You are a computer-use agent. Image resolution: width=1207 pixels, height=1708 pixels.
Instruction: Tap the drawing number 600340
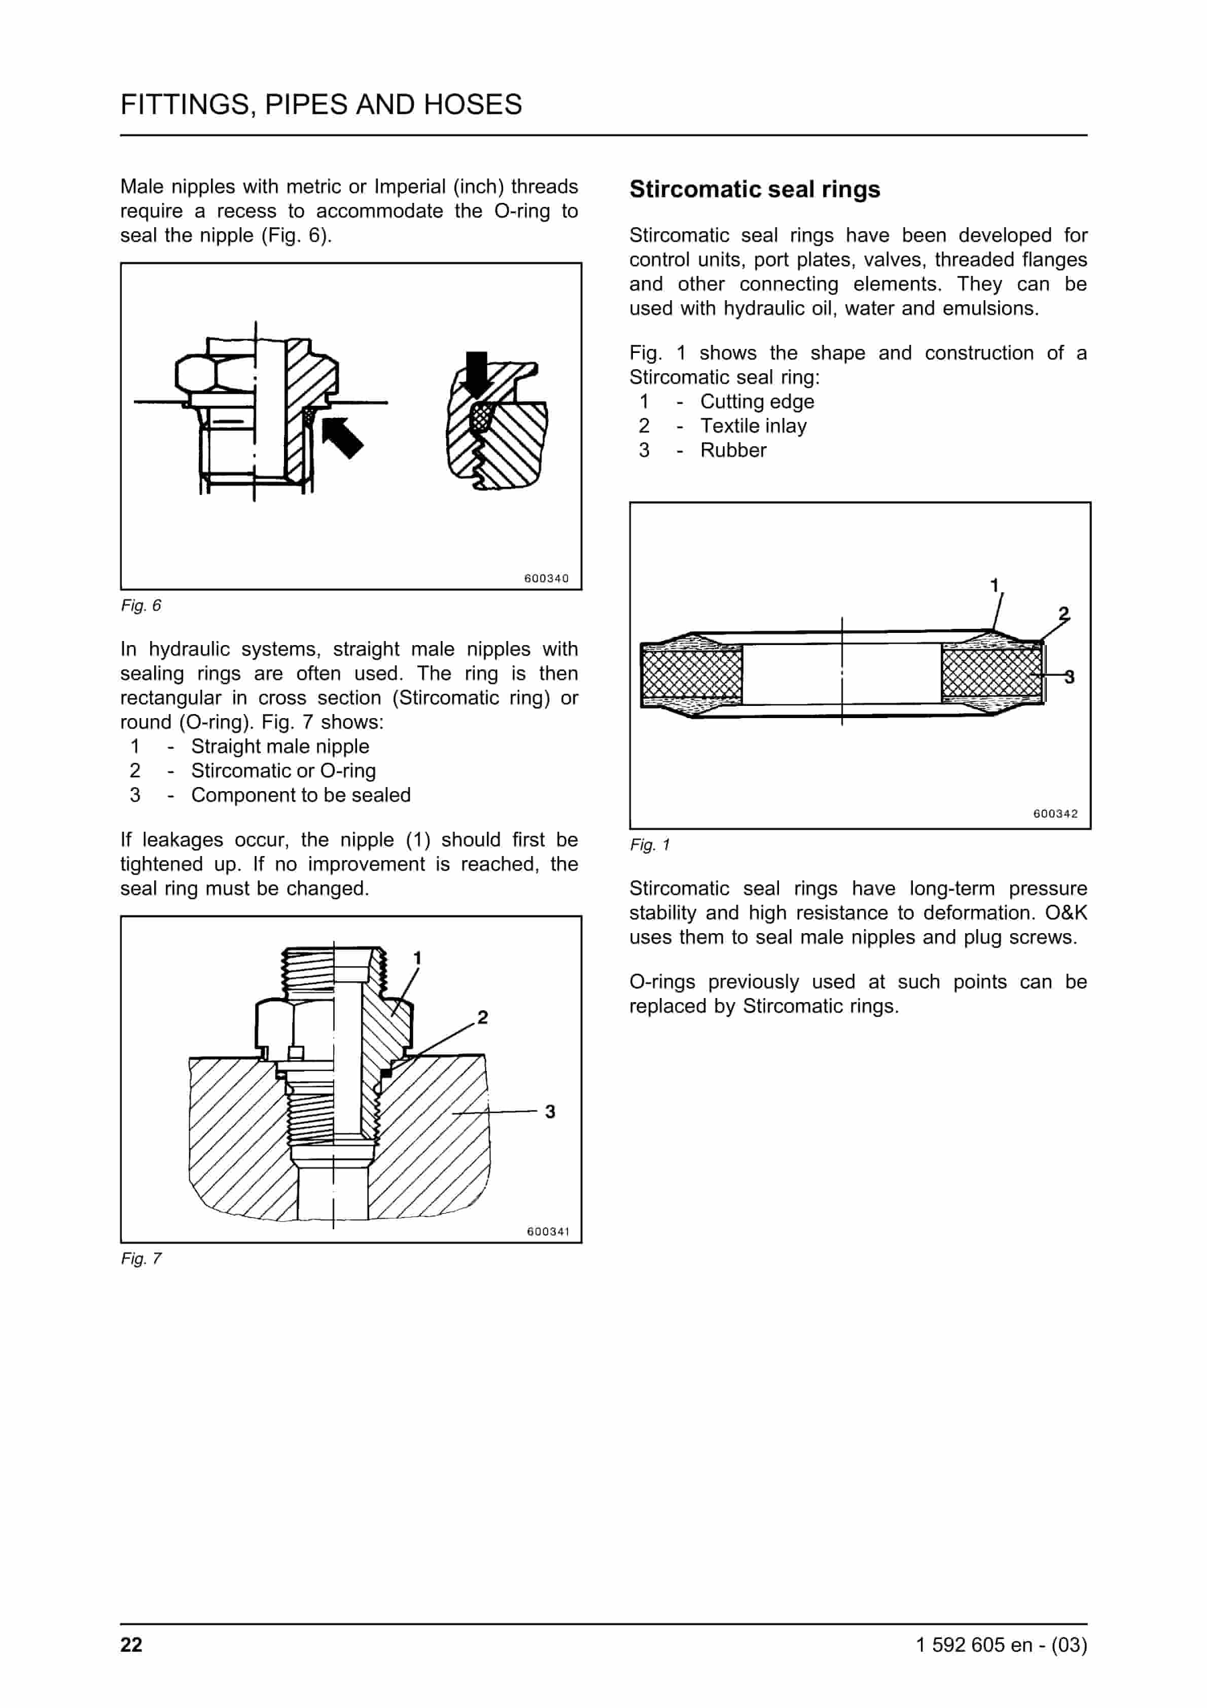pyautogui.click(x=546, y=578)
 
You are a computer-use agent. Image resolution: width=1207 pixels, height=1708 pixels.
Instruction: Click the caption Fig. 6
pyautogui.click(x=140, y=606)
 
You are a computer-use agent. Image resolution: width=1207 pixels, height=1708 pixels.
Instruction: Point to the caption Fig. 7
pyautogui.click(x=140, y=1259)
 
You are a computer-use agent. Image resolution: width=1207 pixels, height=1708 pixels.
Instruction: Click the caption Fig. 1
pyautogui.click(x=649, y=844)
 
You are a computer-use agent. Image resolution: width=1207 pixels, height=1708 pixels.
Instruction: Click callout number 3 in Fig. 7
pyautogui.click(x=549, y=1112)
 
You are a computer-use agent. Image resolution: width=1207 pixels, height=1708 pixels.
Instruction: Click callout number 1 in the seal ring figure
pyautogui.click(x=994, y=585)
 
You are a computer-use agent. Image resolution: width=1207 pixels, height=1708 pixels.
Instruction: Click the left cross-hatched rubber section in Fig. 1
pyautogui.click(x=691, y=673)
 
